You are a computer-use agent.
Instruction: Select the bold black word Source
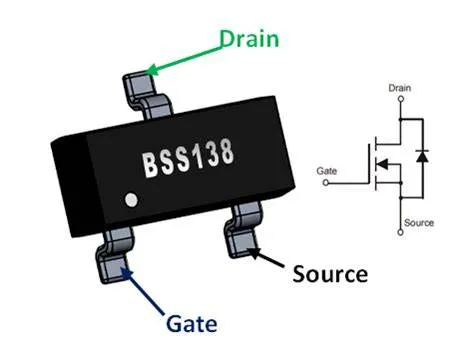click(x=330, y=273)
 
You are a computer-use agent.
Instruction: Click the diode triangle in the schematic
click(x=420, y=156)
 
